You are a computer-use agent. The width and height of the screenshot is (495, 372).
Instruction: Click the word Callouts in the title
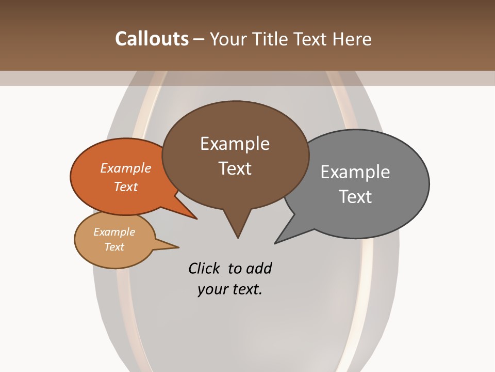click(152, 39)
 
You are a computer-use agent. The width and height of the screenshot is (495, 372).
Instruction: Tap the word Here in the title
click(353, 39)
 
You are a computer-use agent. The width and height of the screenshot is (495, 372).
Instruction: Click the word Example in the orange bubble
click(126, 168)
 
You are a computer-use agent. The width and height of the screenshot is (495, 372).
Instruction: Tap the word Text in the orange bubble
click(126, 187)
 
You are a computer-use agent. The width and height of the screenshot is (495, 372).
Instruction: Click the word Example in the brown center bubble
click(235, 144)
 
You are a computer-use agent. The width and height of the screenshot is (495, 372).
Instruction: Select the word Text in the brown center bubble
click(235, 168)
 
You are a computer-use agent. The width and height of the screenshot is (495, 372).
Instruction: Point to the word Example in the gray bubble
click(355, 172)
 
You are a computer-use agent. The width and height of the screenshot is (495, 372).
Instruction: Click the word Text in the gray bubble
click(355, 196)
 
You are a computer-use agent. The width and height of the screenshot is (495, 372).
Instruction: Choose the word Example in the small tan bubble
click(114, 232)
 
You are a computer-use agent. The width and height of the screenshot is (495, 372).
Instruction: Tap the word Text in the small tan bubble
click(114, 247)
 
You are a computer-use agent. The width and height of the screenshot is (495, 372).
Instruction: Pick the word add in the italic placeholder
click(259, 268)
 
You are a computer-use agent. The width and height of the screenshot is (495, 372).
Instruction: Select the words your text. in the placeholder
click(230, 289)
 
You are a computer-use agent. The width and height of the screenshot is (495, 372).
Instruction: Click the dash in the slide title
click(200, 39)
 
